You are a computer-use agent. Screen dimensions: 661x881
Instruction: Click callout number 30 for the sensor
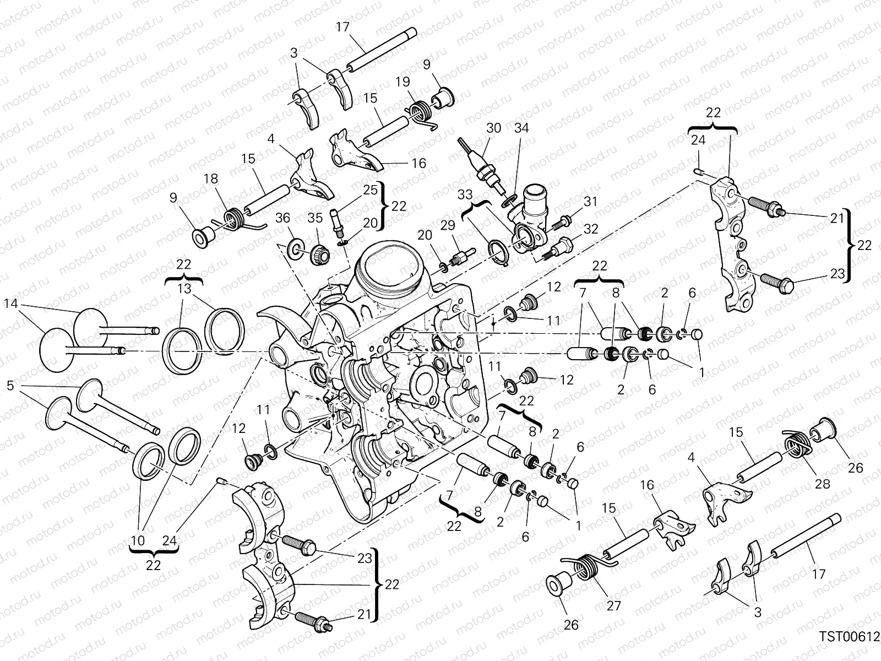point(493,128)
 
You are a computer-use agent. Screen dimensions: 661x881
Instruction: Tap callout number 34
point(521,128)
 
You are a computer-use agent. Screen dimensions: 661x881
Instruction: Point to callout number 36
point(283,218)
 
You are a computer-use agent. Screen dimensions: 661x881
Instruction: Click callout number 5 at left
point(10,385)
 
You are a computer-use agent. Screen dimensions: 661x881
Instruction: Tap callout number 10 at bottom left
point(139,540)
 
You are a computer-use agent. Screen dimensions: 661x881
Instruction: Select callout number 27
point(613,605)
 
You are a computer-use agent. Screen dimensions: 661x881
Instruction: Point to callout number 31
point(590,202)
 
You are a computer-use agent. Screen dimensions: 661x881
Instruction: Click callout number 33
point(466,196)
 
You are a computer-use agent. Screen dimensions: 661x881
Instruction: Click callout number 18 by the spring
point(211,178)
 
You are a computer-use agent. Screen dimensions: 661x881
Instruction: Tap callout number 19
point(403,82)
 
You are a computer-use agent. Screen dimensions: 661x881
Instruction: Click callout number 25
point(371,190)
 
